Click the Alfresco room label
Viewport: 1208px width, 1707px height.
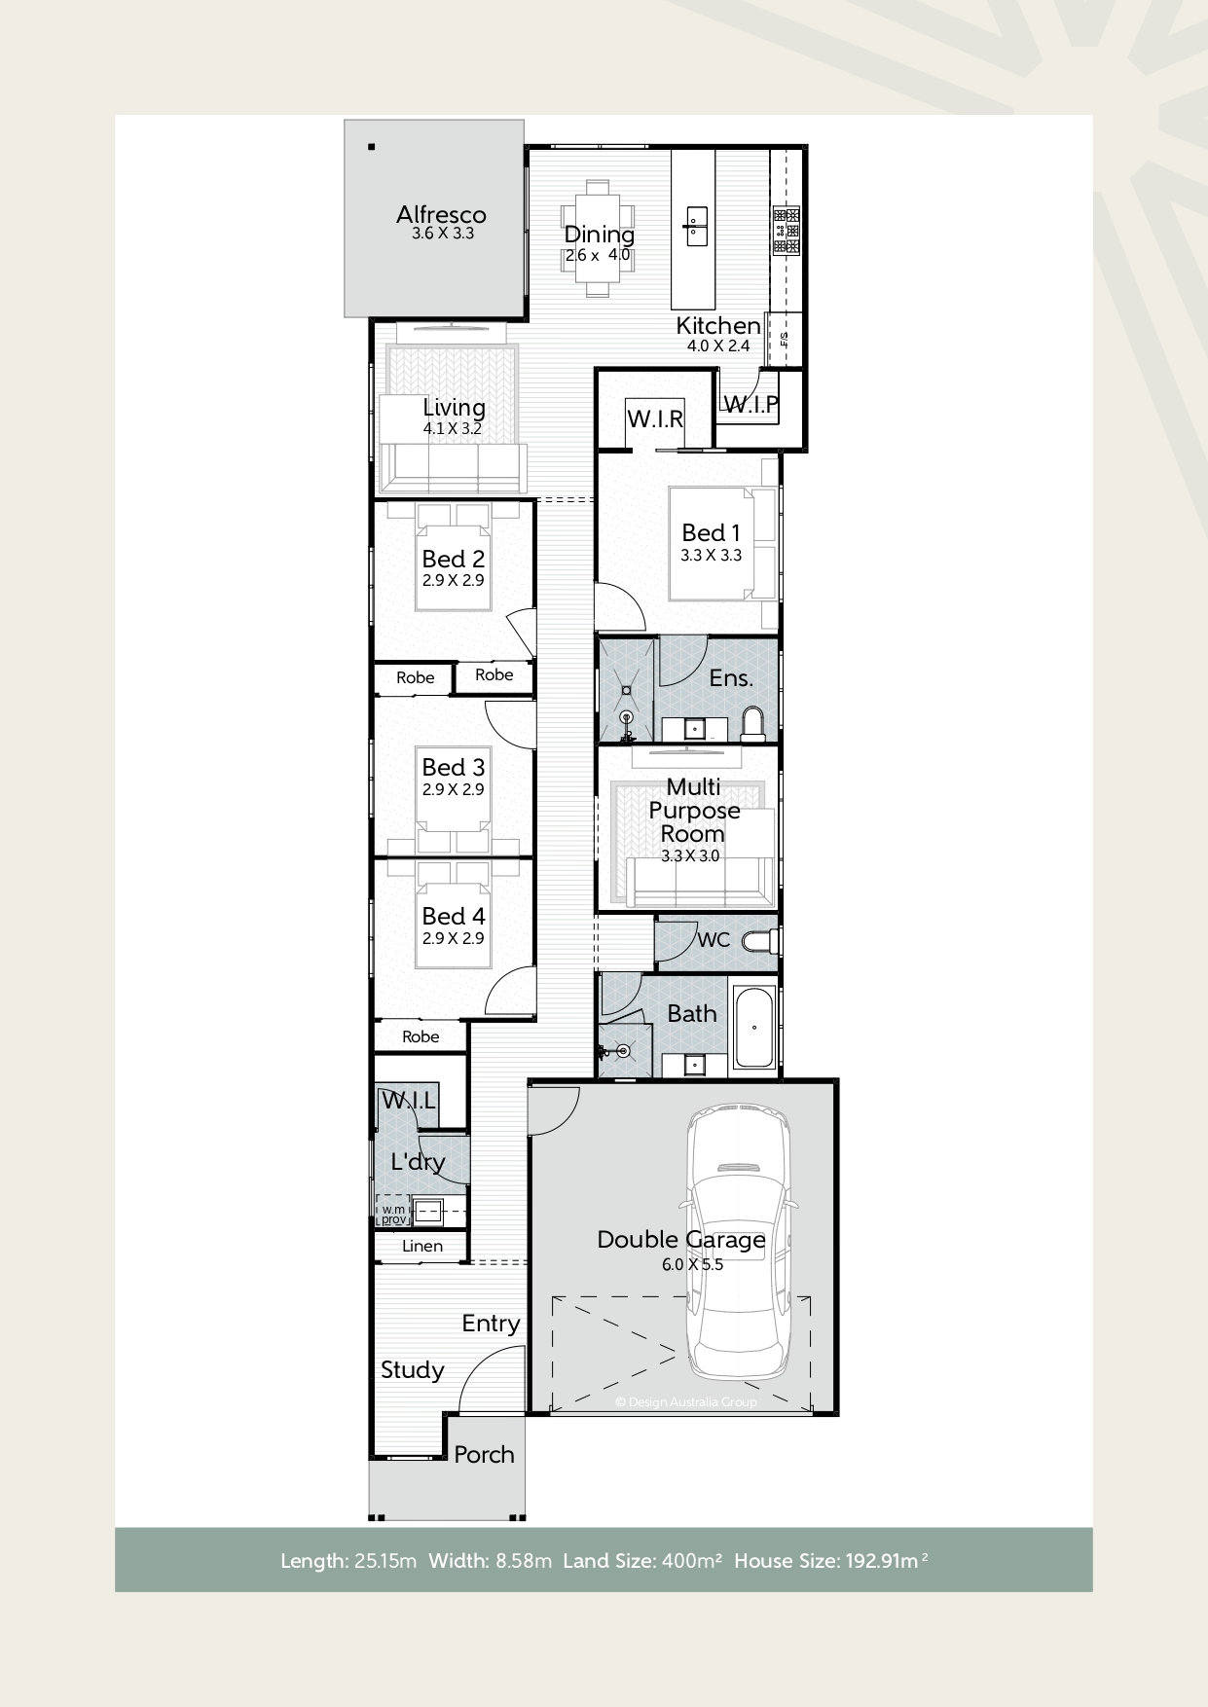[x=441, y=215]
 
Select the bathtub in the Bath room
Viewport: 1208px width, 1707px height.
[x=754, y=1028]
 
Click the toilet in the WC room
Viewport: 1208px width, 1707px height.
[x=759, y=941]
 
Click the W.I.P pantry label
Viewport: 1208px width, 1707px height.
[x=751, y=404]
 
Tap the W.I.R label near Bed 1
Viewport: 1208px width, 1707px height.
[x=655, y=419]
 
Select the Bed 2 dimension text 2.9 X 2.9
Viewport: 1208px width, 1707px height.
[x=453, y=580]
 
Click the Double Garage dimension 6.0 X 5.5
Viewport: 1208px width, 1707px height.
[x=692, y=1264]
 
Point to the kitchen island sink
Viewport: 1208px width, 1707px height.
[x=696, y=224]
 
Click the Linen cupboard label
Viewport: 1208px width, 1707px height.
[x=422, y=1246]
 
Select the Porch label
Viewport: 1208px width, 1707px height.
[x=484, y=1454]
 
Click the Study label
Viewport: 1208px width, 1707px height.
[x=413, y=1370]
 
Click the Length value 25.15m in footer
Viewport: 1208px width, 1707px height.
[x=385, y=1561]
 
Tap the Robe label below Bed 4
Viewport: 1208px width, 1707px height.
[x=421, y=1036]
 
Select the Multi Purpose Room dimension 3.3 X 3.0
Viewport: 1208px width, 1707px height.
[x=689, y=856]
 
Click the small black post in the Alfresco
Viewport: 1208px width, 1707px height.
[x=371, y=147]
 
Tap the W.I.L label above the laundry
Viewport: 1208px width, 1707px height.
[x=409, y=1101]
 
